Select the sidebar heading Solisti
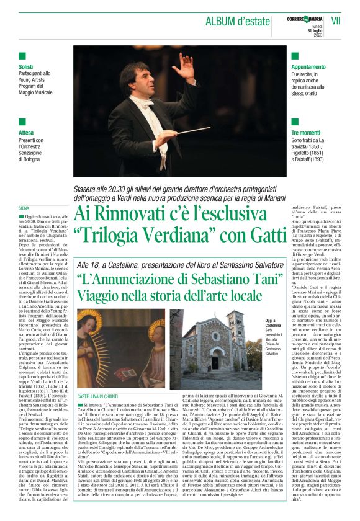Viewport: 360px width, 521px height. pyautogui.click(x=26, y=66)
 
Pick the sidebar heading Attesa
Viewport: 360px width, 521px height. pyautogui.click(x=25, y=133)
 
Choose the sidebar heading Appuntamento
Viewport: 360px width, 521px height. pyautogui.click(x=308, y=66)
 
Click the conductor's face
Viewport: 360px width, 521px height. pyautogui.click(x=138, y=79)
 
